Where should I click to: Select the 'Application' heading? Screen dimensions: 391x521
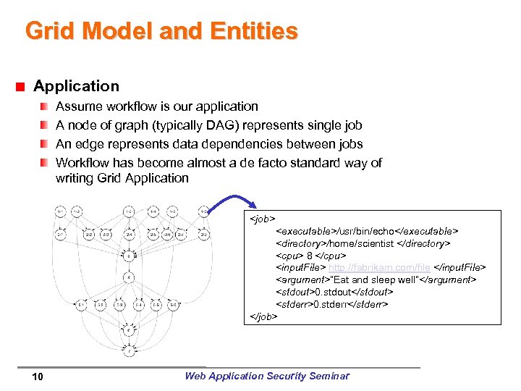coord(76,86)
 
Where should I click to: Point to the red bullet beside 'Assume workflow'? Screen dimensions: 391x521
coord(45,106)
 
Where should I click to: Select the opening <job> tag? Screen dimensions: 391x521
coord(263,218)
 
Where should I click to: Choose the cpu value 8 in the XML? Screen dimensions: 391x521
coord(309,256)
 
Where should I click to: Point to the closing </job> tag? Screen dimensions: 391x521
coord(264,316)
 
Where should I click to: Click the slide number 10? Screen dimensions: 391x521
coord(38,376)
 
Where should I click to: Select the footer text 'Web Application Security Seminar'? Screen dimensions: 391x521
coord(266,376)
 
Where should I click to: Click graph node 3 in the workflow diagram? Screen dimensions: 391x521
coord(128,256)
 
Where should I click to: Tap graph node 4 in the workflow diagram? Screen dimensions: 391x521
coord(128,277)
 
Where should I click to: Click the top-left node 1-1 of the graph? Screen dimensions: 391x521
coord(61,211)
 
